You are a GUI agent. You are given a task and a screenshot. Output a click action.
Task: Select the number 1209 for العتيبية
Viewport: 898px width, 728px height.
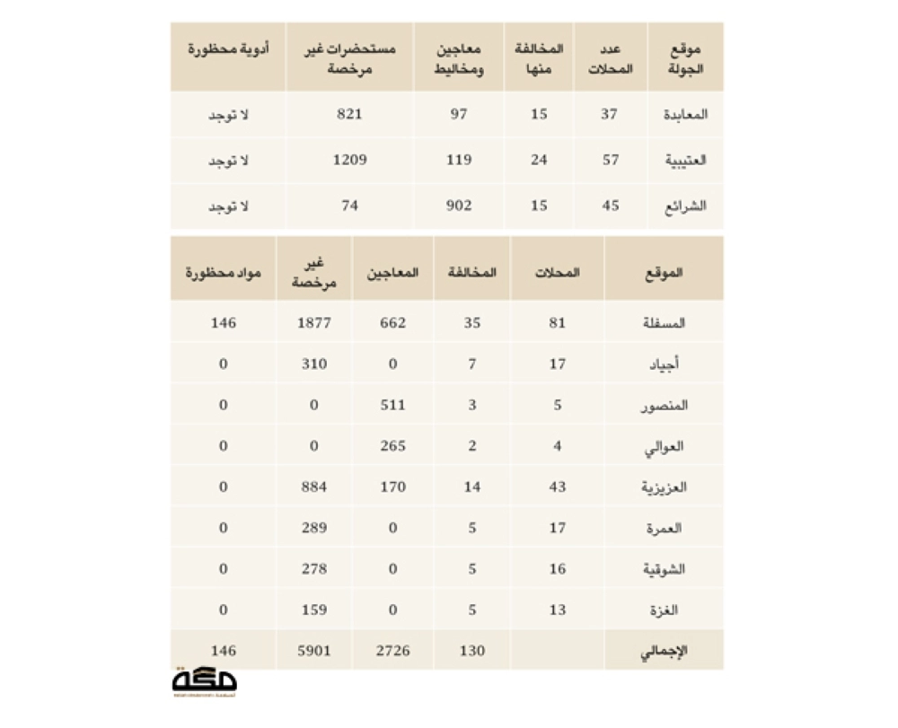pos(349,161)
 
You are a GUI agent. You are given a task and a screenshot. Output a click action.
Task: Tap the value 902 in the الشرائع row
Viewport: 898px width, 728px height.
pos(459,206)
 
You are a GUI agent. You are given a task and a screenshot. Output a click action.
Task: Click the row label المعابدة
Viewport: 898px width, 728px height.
pos(684,114)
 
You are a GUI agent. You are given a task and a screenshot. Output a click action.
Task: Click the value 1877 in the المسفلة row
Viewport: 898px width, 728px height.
pos(314,322)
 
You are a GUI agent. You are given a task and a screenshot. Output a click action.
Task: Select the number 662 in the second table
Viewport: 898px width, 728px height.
pos(392,322)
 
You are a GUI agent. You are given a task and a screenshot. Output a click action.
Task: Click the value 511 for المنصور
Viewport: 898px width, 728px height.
pos(392,405)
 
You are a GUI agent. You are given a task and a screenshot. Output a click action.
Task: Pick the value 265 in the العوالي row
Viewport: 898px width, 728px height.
pos(392,446)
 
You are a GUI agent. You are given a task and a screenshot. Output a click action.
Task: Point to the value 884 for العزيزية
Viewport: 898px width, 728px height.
pos(314,487)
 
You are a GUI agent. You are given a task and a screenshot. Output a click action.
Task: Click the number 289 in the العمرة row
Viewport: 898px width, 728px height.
pos(314,529)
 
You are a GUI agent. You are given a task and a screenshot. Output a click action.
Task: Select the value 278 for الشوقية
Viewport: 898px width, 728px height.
pos(314,569)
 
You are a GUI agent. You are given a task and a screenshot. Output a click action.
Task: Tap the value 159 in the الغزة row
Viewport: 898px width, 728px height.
pos(314,610)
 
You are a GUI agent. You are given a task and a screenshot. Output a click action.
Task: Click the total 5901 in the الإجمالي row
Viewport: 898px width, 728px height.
pos(314,651)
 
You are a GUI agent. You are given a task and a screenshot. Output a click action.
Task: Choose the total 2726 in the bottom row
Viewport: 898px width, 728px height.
pos(392,651)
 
